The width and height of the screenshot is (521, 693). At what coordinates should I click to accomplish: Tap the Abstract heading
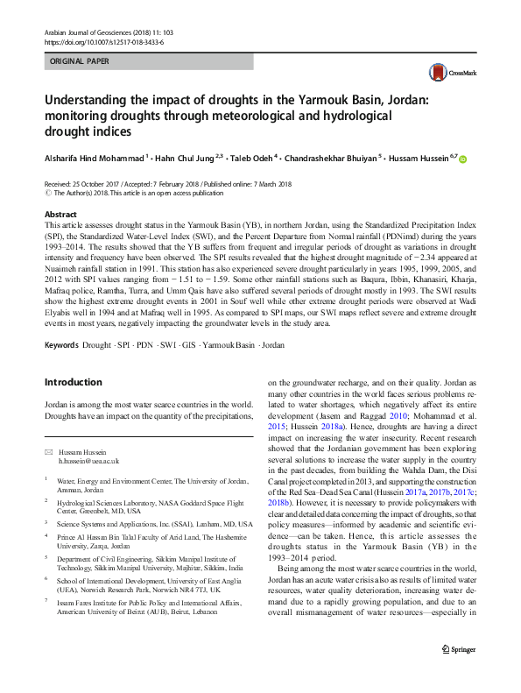click(60, 214)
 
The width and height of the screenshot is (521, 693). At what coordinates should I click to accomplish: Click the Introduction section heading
click(74, 382)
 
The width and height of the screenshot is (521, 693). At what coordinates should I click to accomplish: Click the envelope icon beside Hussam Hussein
click(48, 450)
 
